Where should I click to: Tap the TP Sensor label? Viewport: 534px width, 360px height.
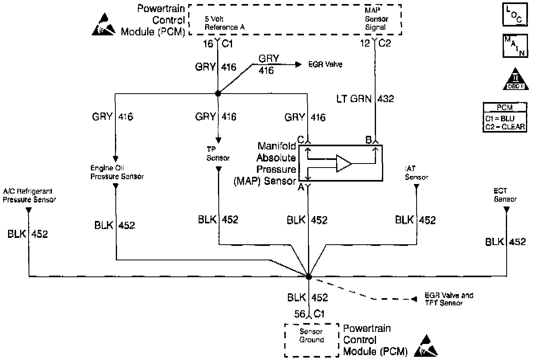(x=218, y=154)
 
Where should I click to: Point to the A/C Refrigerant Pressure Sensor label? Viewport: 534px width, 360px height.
(x=29, y=195)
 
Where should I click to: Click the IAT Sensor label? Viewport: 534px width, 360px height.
(x=416, y=174)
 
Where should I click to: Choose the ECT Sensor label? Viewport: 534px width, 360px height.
(x=505, y=196)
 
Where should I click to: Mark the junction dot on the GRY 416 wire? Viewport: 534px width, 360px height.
(x=218, y=93)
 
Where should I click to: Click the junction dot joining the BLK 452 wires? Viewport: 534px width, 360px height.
(x=308, y=277)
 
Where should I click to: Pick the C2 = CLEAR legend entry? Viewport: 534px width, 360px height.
(x=505, y=126)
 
